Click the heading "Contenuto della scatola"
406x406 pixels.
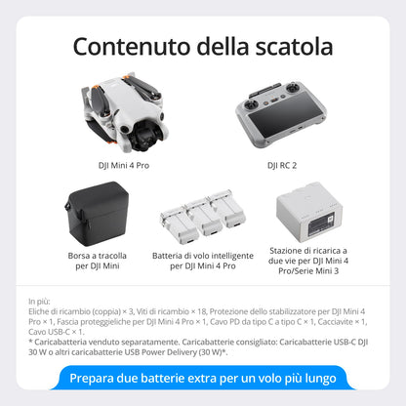203,45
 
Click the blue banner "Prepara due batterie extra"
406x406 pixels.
203,378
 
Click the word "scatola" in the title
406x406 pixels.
292,45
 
